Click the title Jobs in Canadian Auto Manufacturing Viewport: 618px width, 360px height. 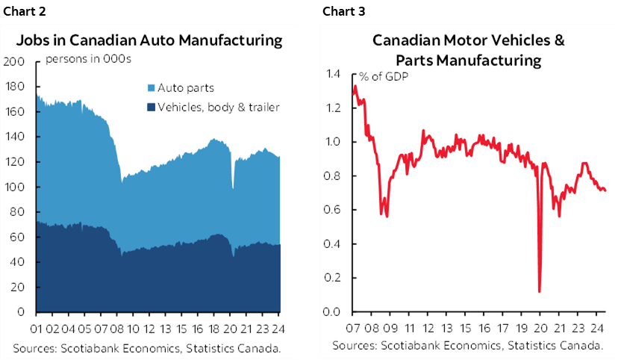pyautogui.click(x=149, y=40)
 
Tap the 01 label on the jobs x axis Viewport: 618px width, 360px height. pyautogui.click(x=39, y=326)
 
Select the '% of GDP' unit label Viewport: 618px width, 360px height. pyautogui.click(x=382, y=75)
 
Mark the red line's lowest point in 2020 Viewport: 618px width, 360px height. pyautogui.click(x=539, y=291)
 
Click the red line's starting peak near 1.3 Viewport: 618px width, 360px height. pyautogui.click(x=355, y=87)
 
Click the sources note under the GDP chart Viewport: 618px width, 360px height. pyautogui.click(x=467, y=345)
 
